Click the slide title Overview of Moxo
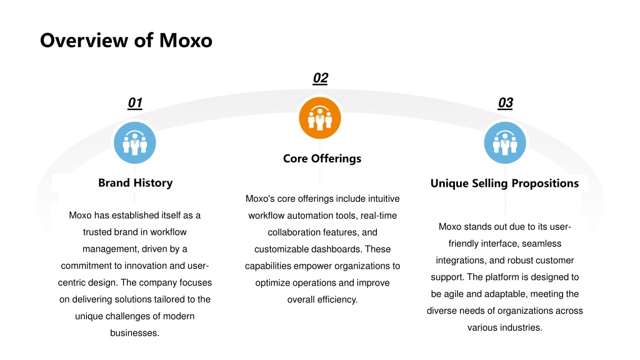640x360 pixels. pyautogui.click(x=126, y=41)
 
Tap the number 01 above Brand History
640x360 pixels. pyautogui.click(x=135, y=103)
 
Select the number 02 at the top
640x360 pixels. pyautogui.click(x=321, y=78)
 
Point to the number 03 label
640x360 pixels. pyautogui.click(x=505, y=103)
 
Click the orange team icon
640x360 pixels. pyautogui.click(x=320, y=118)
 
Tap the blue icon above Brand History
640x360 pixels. pyautogui.click(x=135, y=142)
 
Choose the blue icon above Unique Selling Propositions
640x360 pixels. pyautogui.click(x=505, y=142)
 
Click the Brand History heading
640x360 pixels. pyautogui.click(x=135, y=183)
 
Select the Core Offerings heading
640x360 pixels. pyautogui.click(x=322, y=158)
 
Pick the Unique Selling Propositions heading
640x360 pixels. pyautogui.click(x=504, y=183)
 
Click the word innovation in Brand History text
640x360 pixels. pyautogui.click(x=146, y=266)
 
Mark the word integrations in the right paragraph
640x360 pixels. pyautogui.click(x=461, y=261)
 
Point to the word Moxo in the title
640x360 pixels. pyautogui.click(x=186, y=41)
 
